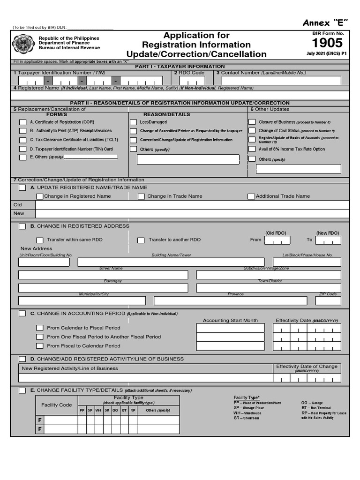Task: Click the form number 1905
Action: click(327, 44)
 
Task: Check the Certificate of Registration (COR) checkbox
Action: click(22, 122)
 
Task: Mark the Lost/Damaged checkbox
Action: click(134, 122)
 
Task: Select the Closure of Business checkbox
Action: click(252, 122)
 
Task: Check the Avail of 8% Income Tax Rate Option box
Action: click(252, 149)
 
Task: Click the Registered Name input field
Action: click(180, 95)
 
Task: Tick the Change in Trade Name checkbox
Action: click(141, 196)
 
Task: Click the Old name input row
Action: click(192, 205)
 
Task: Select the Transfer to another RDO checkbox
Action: click(141, 240)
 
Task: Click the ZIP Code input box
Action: click(328, 300)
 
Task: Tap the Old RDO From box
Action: click(277, 240)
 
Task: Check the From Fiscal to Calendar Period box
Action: click(40, 346)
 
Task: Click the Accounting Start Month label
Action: click(230, 321)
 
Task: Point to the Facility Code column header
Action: click(57, 405)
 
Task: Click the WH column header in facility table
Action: click(98, 411)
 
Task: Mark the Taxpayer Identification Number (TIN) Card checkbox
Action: click(22, 149)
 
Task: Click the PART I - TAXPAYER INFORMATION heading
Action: click(180, 67)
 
